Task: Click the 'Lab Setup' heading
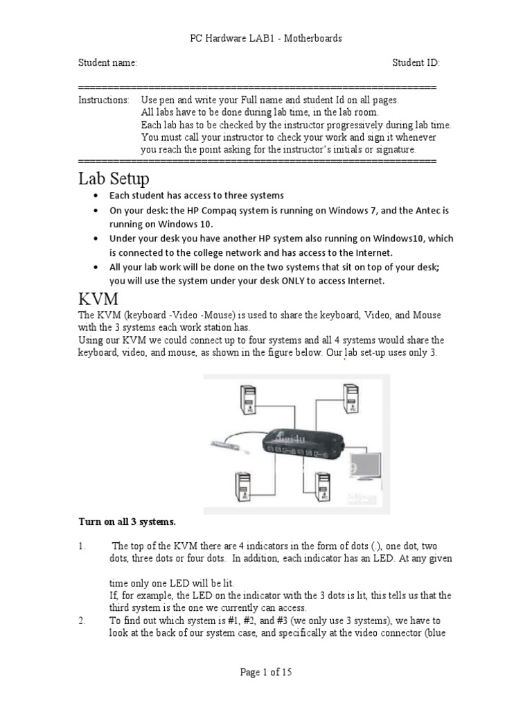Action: click(113, 179)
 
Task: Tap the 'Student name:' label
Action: click(107, 63)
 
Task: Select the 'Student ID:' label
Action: click(416, 63)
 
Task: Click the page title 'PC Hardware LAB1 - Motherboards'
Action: click(266, 39)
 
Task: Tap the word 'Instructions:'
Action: click(103, 100)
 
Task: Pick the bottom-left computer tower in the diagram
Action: click(244, 487)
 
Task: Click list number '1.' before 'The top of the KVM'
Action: click(81, 546)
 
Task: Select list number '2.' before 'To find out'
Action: click(81, 621)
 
